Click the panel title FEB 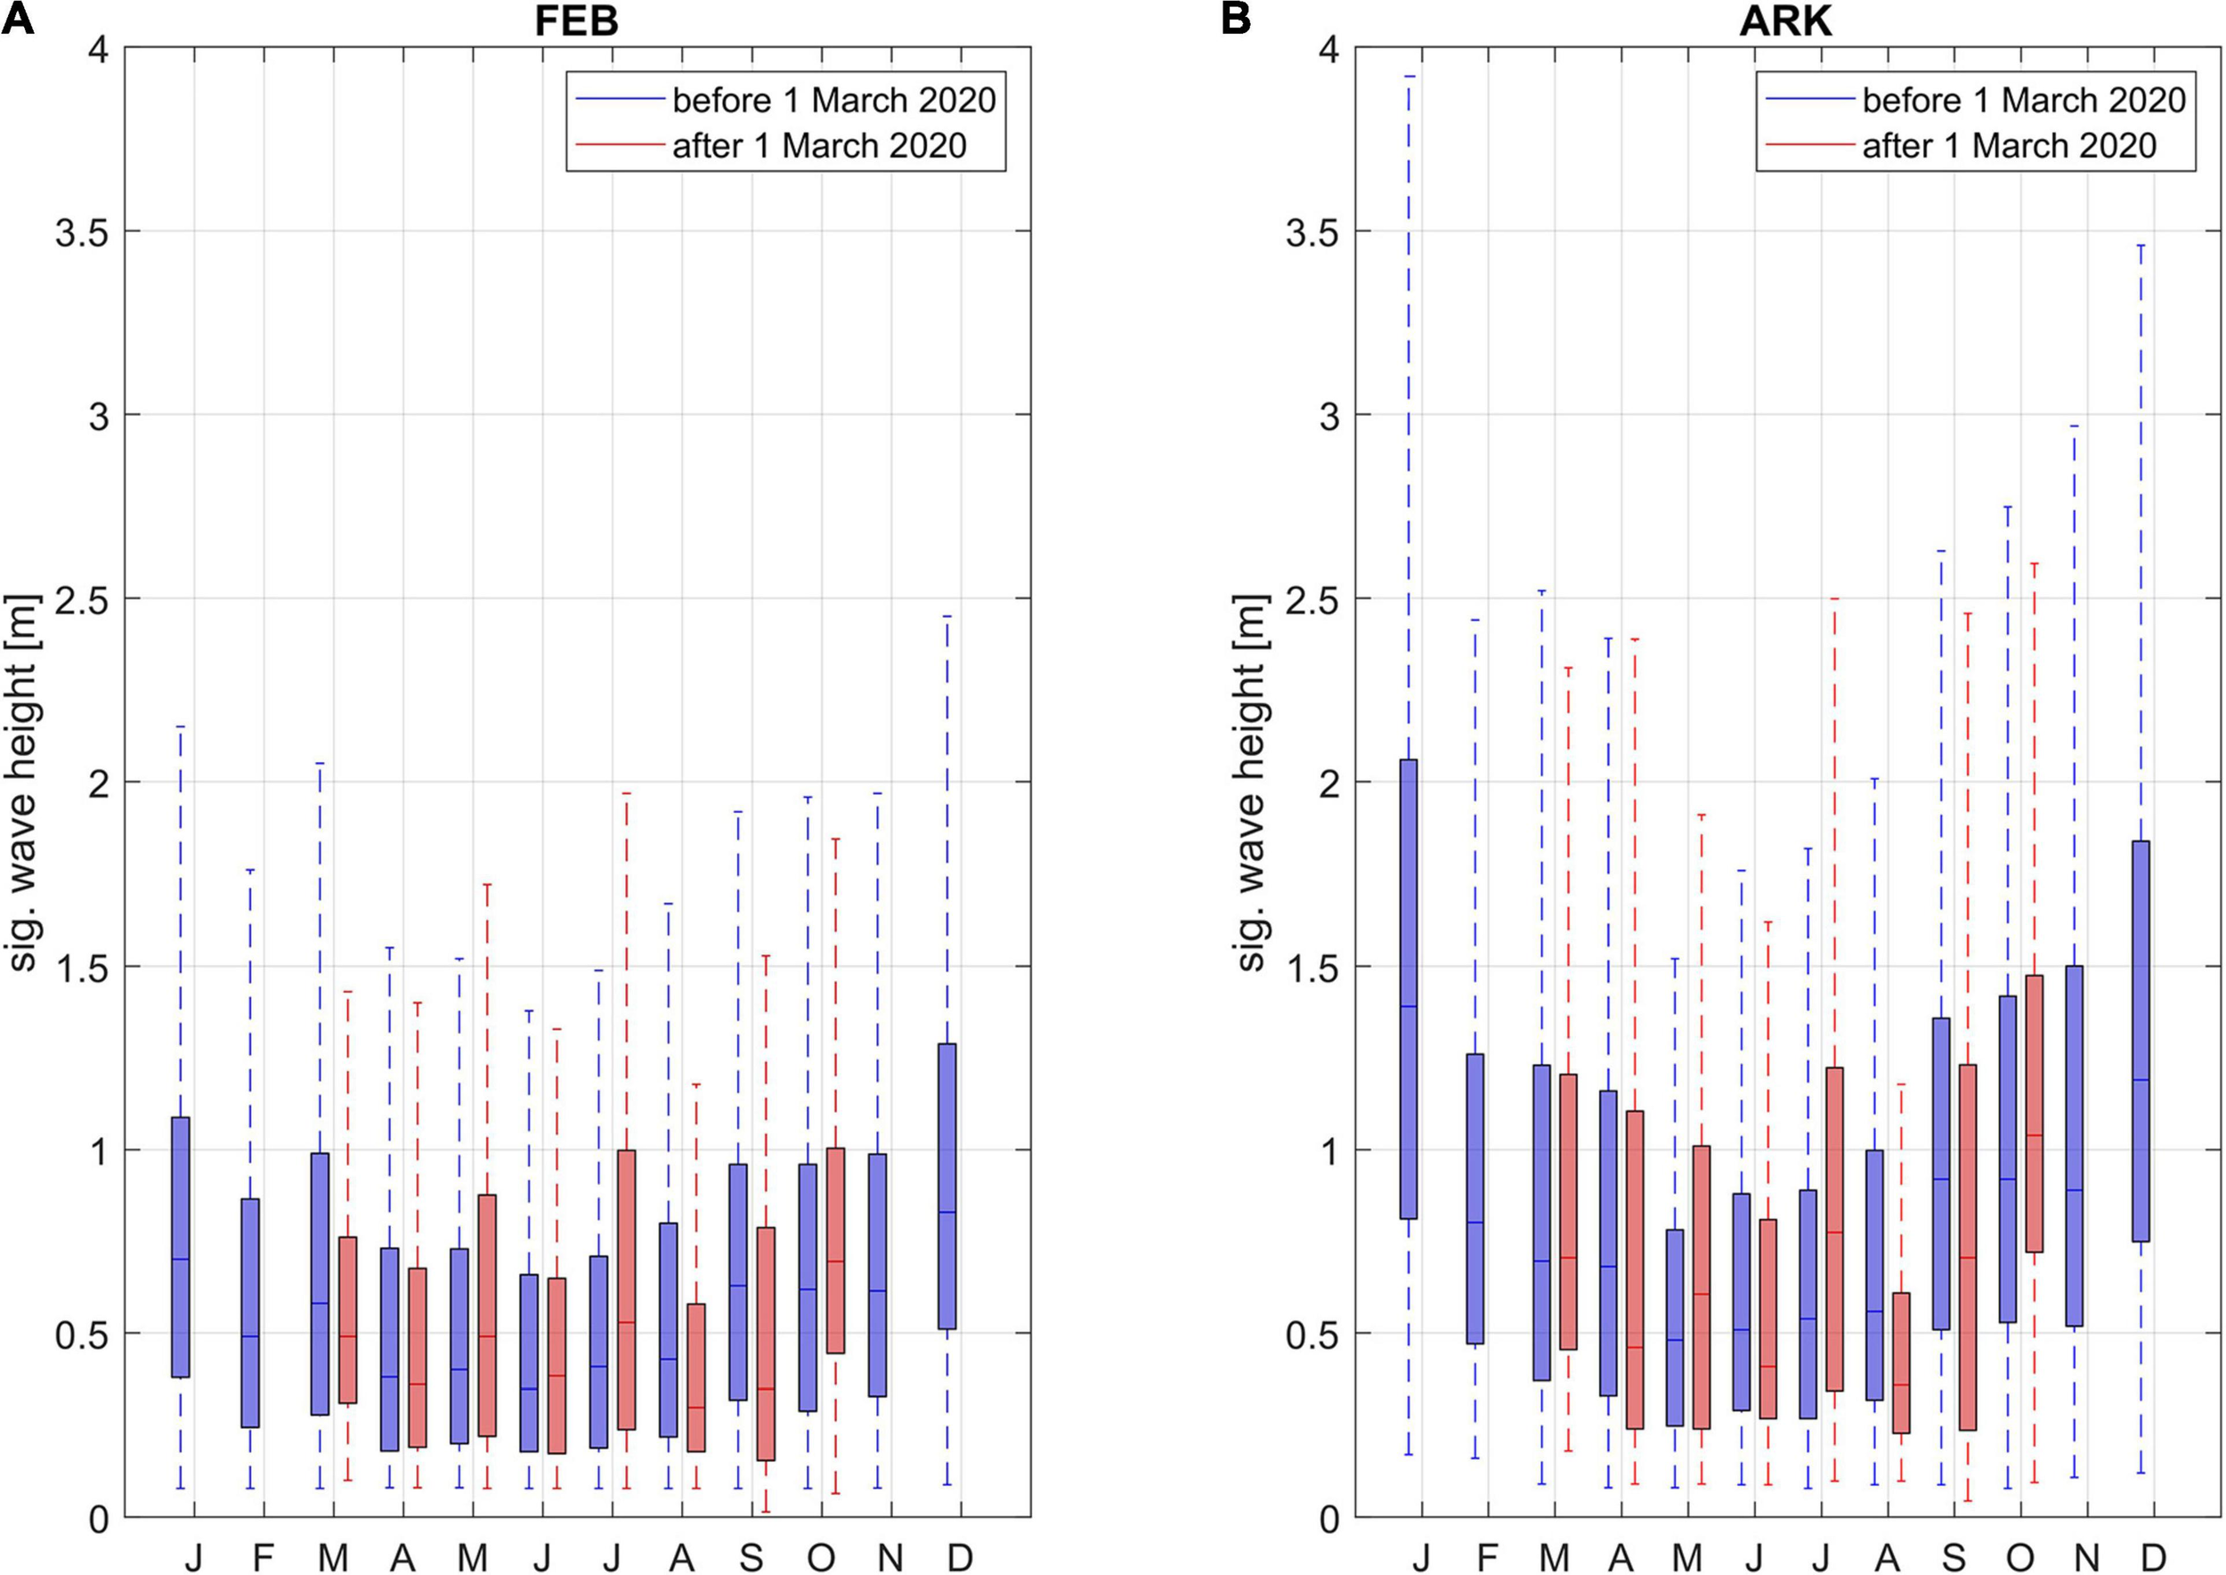pyautogui.click(x=576, y=21)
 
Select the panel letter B pyautogui.click(x=1236, y=19)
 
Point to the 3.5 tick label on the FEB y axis pyautogui.click(x=82, y=231)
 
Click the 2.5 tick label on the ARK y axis pyautogui.click(x=1313, y=598)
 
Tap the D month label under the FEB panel pyautogui.click(x=960, y=1557)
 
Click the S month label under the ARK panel pyautogui.click(x=1954, y=1557)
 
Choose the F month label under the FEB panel pyautogui.click(x=263, y=1557)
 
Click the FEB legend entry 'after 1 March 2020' pyautogui.click(x=818, y=145)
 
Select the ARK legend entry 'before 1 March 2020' pyautogui.click(x=2023, y=100)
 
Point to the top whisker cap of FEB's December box pyautogui.click(x=947, y=616)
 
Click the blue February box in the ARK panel pyautogui.click(x=1475, y=1198)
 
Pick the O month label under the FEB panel pyautogui.click(x=821, y=1557)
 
